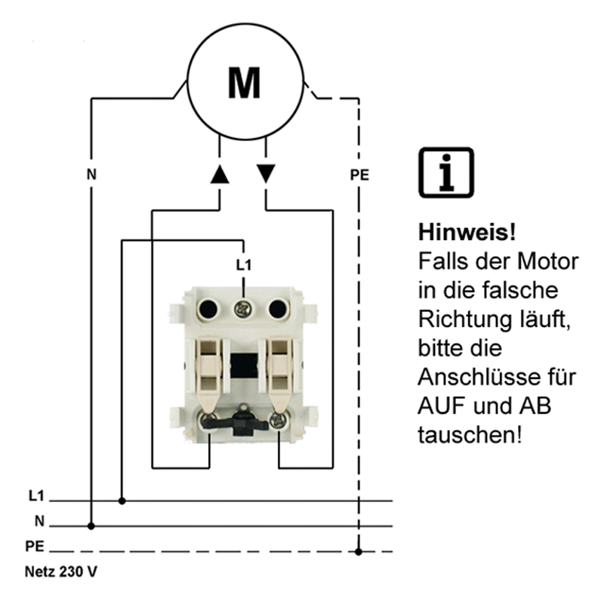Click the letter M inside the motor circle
coord(244,82)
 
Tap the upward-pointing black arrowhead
coord(219,174)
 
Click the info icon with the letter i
coord(445,172)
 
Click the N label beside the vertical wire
coord(91,175)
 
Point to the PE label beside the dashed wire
coord(359,175)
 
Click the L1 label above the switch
coord(242,265)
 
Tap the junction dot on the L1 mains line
coord(122,501)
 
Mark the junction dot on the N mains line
coord(91,525)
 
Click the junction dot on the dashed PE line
coord(359,551)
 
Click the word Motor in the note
coord(548,262)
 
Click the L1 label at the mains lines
coord(35,497)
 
